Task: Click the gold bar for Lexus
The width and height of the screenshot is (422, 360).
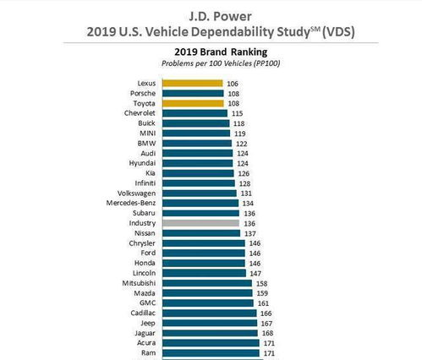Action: point(192,83)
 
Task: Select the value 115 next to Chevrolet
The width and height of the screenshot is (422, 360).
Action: point(238,112)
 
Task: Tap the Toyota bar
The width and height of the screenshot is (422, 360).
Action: point(193,103)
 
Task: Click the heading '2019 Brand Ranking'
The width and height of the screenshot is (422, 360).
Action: point(210,51)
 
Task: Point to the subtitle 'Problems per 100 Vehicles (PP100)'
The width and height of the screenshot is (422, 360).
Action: point(210,63)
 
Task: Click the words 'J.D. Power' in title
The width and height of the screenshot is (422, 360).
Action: point(210,14)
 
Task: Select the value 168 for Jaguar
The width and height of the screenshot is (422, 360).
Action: point(269,332)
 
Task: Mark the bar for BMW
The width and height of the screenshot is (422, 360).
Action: point(197,143)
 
